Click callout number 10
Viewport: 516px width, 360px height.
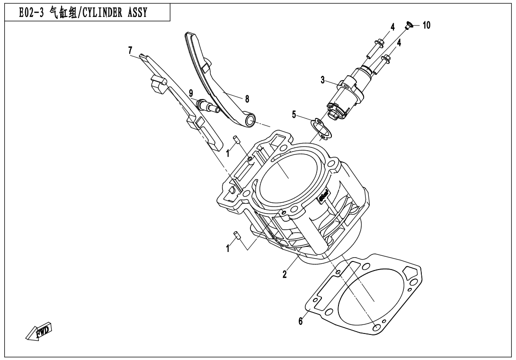pyautogui.click(x=427, y=26)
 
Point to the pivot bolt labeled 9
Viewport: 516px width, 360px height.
pyautogui.click(x=206, y=105)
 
